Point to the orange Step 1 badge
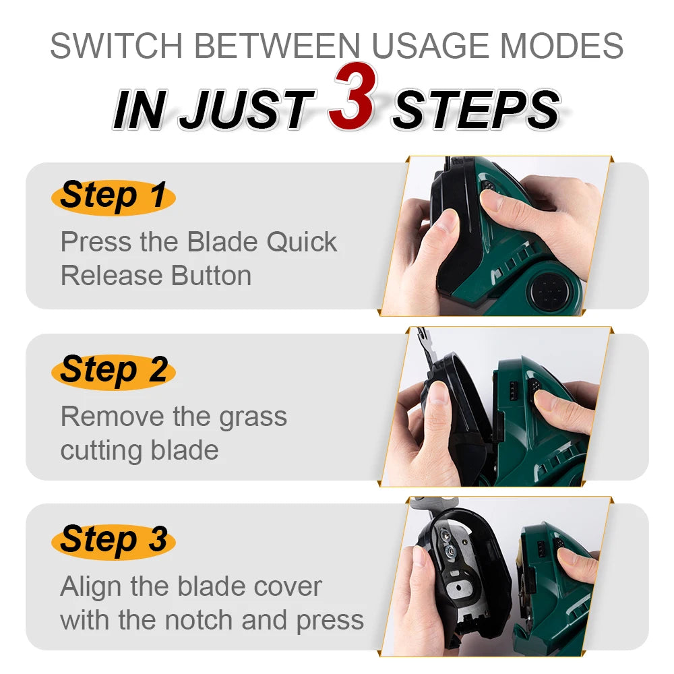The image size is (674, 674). pyautogui.click(x=113, y=196)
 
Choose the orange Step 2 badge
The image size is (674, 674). pyautogui.click(x=113, y=371)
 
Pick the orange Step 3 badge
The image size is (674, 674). pyautogui.click(x=113, y=541)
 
